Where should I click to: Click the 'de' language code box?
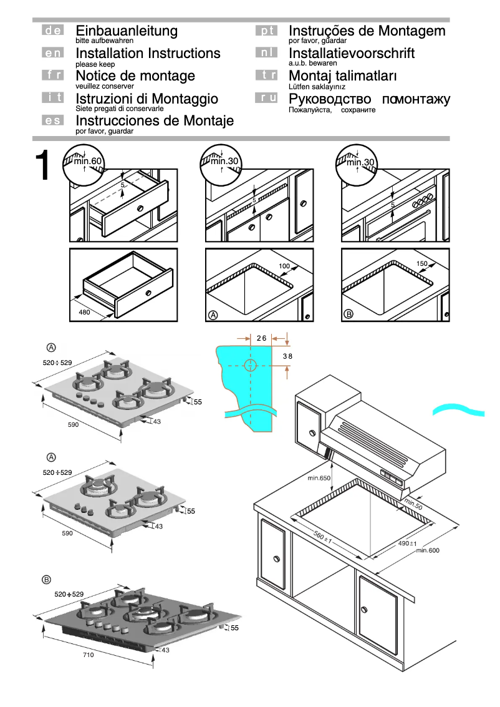[52, 30]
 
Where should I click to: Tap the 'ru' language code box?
[266, 97]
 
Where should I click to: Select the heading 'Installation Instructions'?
[148, 54]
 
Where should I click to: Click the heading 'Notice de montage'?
[135, 76]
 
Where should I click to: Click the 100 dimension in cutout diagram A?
[284, 267]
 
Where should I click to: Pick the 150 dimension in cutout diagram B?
[421, 264]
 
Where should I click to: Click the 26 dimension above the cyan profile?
[261, 338]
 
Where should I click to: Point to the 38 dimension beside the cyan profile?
[287, 356]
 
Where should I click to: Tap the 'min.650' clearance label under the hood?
[319, 479]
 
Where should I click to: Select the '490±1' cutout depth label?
[407, 544]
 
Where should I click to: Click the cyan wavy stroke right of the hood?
[459, 409]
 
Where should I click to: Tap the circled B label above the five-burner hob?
[46, 580]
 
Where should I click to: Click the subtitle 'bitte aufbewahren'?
[104, 41]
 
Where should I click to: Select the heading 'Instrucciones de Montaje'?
[155, 121]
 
